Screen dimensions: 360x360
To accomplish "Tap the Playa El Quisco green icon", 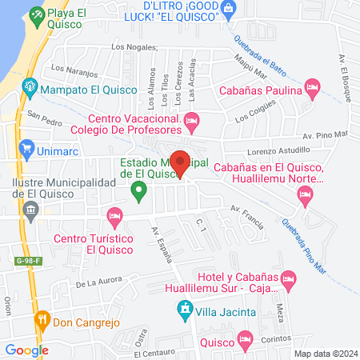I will (x=36, y=14).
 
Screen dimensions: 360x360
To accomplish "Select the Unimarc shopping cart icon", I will (x=26, y=147).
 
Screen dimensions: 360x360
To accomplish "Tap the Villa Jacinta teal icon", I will (x=185, y=309).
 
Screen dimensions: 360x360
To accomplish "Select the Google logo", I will (x=26, y=350).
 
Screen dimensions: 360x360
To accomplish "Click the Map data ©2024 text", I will (x=324, y=353).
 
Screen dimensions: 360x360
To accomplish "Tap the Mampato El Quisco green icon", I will (x=30, y=85).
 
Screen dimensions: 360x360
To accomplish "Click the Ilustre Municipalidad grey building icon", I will (x=31, y=212).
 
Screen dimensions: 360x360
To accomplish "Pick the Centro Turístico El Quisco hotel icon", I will (x=114, y=214).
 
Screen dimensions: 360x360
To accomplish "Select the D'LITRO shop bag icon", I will (x=230, y=9).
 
